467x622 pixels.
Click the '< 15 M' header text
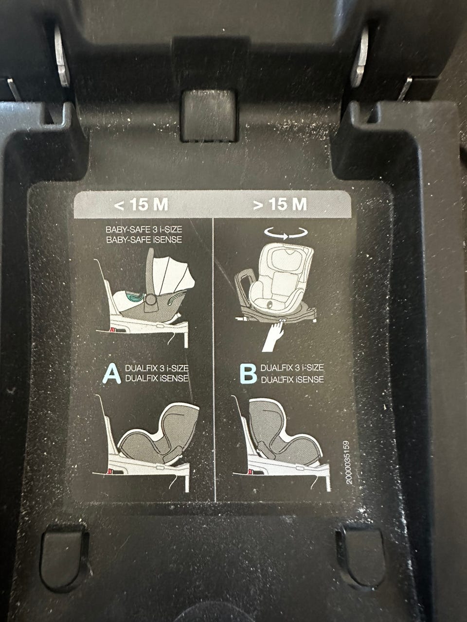click(141, 204)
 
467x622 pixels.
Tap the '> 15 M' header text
click(280, 204)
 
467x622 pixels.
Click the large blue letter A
click(112, 374)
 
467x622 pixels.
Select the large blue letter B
click(248, 374)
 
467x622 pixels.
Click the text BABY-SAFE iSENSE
click(144, 240)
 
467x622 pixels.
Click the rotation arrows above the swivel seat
click(286, 233)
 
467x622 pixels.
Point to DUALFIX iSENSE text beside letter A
click(157, 378)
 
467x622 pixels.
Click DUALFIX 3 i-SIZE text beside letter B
click(292, 368)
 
